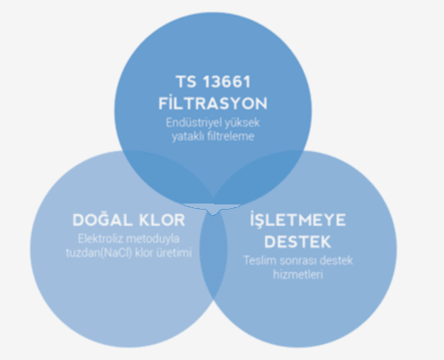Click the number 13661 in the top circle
[226, 82]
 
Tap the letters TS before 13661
[186, 82]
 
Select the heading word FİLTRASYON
[213, 103]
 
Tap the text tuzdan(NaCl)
[99, 252]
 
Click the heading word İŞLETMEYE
[297, 220]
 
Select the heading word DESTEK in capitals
[297, 242]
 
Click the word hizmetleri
[297, 275]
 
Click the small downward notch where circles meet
[212, 212]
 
